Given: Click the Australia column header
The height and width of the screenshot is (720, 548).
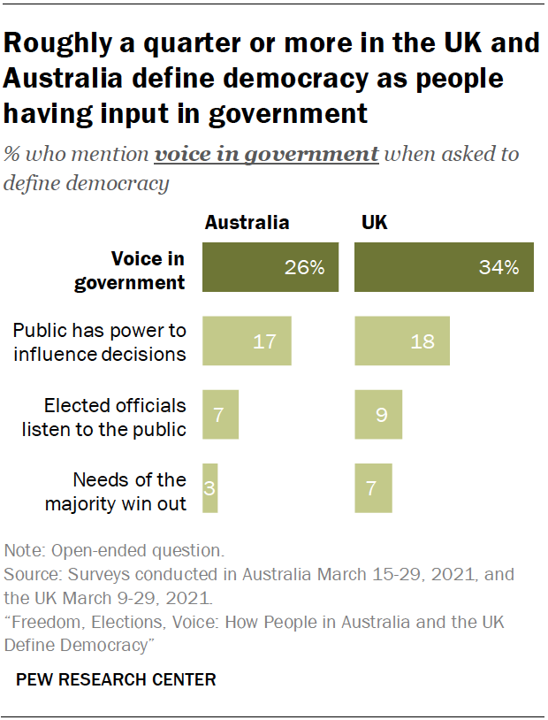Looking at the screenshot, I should pyautogui.click(x=247, y=223).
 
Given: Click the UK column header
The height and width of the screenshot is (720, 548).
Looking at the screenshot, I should pyautogui.click(x=375, y=223).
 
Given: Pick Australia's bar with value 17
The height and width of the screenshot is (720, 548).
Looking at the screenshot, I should pyautogui.click(x=247, y=341).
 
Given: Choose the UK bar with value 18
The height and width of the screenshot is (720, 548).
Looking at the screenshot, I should pyautogui.click(x=402, y=341).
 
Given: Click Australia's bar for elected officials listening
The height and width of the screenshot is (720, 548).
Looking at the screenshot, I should pyautogui.click(x=220, y=414).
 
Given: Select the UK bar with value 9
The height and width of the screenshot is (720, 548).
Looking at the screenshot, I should pyautogui.click(x=378, y=414).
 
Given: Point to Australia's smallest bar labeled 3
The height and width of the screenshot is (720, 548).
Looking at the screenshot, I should pyautogui.click(x=209, y=488).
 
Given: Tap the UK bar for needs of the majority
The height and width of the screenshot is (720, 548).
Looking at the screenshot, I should pyautogui.click(x=373, y=488).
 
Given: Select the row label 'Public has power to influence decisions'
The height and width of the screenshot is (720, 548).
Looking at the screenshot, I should pyautogui.click(x=100, y=342).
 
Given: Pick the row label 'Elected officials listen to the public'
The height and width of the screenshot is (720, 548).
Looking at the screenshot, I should pyautogui.click(x=117, y=417).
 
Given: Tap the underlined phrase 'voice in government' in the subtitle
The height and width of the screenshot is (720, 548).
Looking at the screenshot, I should pyautogui.click(x=266, y=154).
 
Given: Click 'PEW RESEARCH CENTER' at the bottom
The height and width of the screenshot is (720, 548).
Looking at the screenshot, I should pyautogui.click(x=116, y=680).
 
